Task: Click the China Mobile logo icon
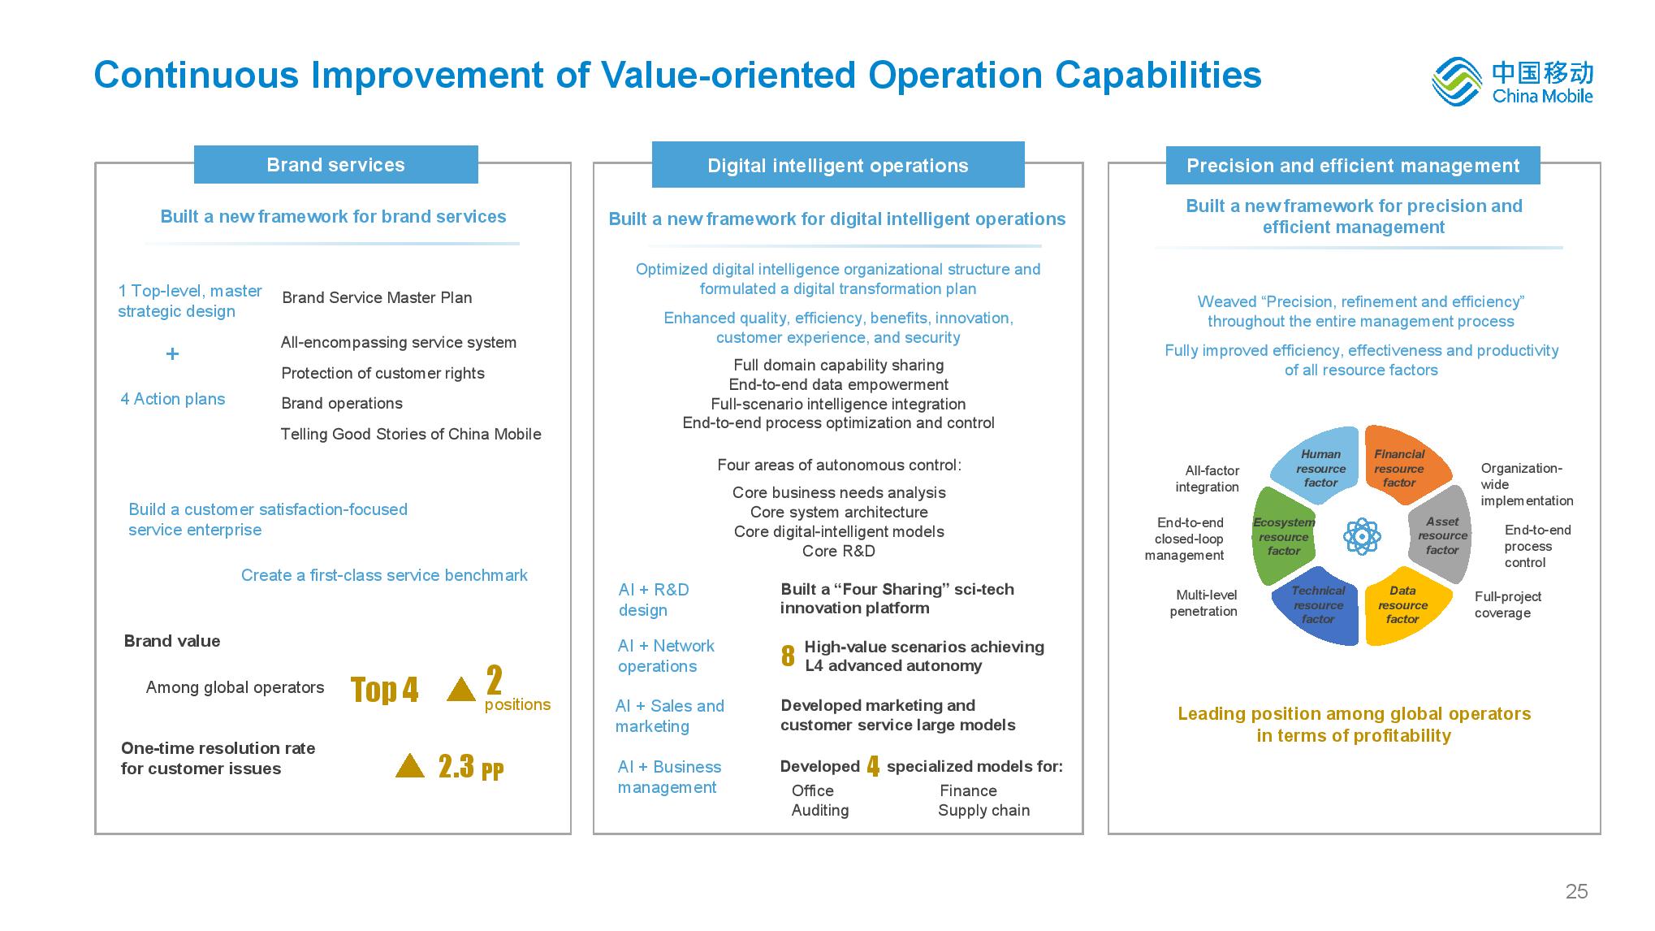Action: [x=1458, y=81]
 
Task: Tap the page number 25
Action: [x=1576, y=891]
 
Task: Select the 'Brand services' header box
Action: [x=335, y=165]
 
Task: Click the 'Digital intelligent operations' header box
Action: [x=837, y=166]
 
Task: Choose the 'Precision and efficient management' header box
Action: [x=1352, y=166]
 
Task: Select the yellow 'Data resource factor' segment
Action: [x=1404, y=605]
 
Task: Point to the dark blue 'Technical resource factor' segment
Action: [x=1317, y=605]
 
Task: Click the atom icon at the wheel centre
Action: [x=1362, y=536]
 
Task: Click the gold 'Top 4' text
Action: [x=384, y=690]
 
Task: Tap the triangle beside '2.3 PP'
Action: [x=410, y=766]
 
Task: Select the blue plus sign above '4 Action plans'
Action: [x=172, y=353]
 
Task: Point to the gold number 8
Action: [x=788, y=656]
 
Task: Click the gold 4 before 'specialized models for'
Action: [x=873, y=766]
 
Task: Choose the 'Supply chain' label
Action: [x=983, y=810]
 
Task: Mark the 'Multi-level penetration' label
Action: [x=1204, y=603]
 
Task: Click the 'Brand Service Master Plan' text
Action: [x=377, y=297]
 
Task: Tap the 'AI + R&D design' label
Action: [x=653, y=600]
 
